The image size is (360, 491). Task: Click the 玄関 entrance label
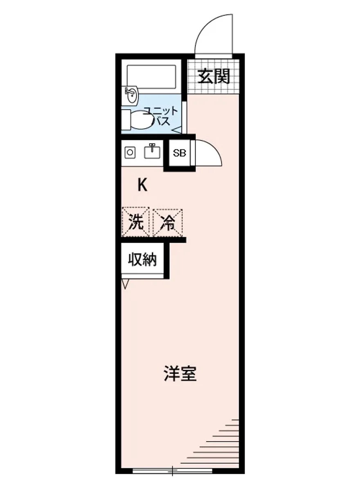214,77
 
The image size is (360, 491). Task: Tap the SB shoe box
179,153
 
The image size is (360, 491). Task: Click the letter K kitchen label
142,185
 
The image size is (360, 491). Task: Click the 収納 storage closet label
143,259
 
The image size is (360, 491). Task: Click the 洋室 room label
180,374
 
